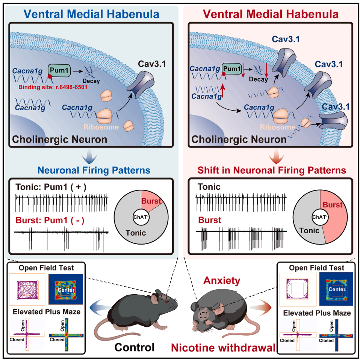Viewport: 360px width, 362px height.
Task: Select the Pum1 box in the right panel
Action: click(x=232, y=68)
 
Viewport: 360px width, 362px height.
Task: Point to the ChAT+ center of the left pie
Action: click(x=139, y=217)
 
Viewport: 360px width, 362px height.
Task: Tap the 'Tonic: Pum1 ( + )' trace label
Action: click(x=51, y=187)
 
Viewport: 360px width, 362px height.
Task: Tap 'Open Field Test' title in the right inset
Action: click(x=316, y=268)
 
